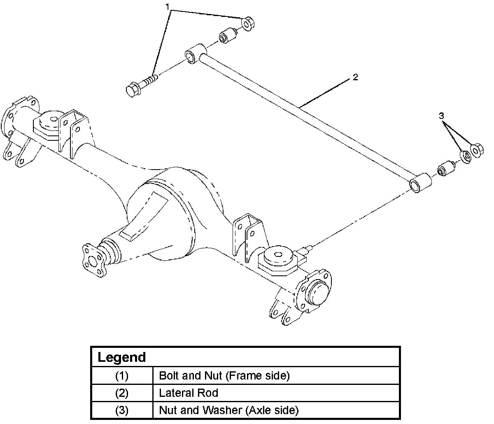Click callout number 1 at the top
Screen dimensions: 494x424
point(168,7)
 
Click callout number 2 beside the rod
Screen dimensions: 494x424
point(355,77)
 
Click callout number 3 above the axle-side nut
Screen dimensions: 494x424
point(441,116)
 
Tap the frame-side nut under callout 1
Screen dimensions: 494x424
point(247,23)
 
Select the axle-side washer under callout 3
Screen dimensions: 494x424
point(465,156)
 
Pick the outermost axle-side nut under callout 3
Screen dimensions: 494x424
point(477,150)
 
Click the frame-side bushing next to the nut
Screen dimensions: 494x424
point(228,36)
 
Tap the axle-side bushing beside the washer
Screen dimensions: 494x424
point(446,169)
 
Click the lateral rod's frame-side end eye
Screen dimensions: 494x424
point(196,54)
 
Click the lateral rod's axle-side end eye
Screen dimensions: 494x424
point(421,183)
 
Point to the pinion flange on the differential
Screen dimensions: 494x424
point(94,261)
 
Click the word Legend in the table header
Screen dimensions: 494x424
point(122,357)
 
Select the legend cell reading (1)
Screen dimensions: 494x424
point(122,375)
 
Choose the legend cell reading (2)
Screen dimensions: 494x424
point(122,393)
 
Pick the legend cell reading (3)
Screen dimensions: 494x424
point(122,410)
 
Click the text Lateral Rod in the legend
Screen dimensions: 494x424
point(189,393)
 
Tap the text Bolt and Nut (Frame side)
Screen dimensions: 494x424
point(224,375)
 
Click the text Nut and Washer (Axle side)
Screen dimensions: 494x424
point(229,410)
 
